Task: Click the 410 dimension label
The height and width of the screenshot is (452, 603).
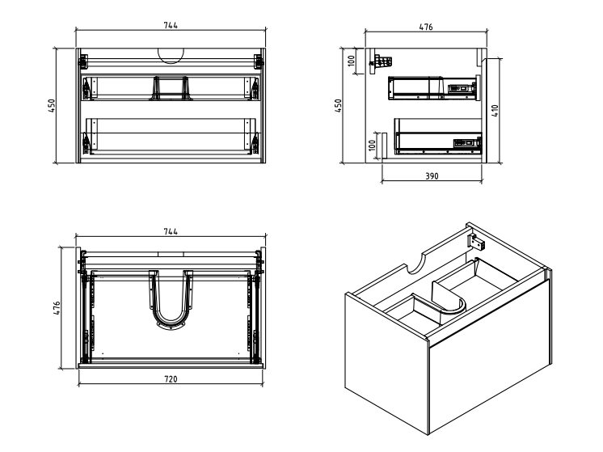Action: point(495,111)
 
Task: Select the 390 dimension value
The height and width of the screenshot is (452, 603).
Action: point(432,176)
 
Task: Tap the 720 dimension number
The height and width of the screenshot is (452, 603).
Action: point(171,379)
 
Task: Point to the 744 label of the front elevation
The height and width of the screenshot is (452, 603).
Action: point(171,25)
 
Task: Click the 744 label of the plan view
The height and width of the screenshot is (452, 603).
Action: point(171,231)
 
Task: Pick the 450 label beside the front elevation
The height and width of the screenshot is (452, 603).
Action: point(52,106)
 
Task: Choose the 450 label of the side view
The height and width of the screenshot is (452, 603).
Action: point(338,106)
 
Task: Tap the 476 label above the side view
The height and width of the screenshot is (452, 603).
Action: point(426,27)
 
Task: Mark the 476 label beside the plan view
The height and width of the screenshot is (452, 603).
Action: point(57,308)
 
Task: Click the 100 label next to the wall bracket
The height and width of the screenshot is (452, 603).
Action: point(351,61)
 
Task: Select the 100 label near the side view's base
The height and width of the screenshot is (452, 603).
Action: point(372,145)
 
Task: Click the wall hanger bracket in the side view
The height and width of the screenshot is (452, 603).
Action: point(381,64)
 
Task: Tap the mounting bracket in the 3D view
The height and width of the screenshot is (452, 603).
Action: point(476,241)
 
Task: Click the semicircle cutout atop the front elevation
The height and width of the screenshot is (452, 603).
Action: point(171,56)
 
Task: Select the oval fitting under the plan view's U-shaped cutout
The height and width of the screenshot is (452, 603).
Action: point(171,326)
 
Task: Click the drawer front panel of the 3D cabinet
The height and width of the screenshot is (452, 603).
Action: point(489,356)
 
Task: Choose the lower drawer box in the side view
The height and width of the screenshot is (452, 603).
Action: point(438,136)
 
